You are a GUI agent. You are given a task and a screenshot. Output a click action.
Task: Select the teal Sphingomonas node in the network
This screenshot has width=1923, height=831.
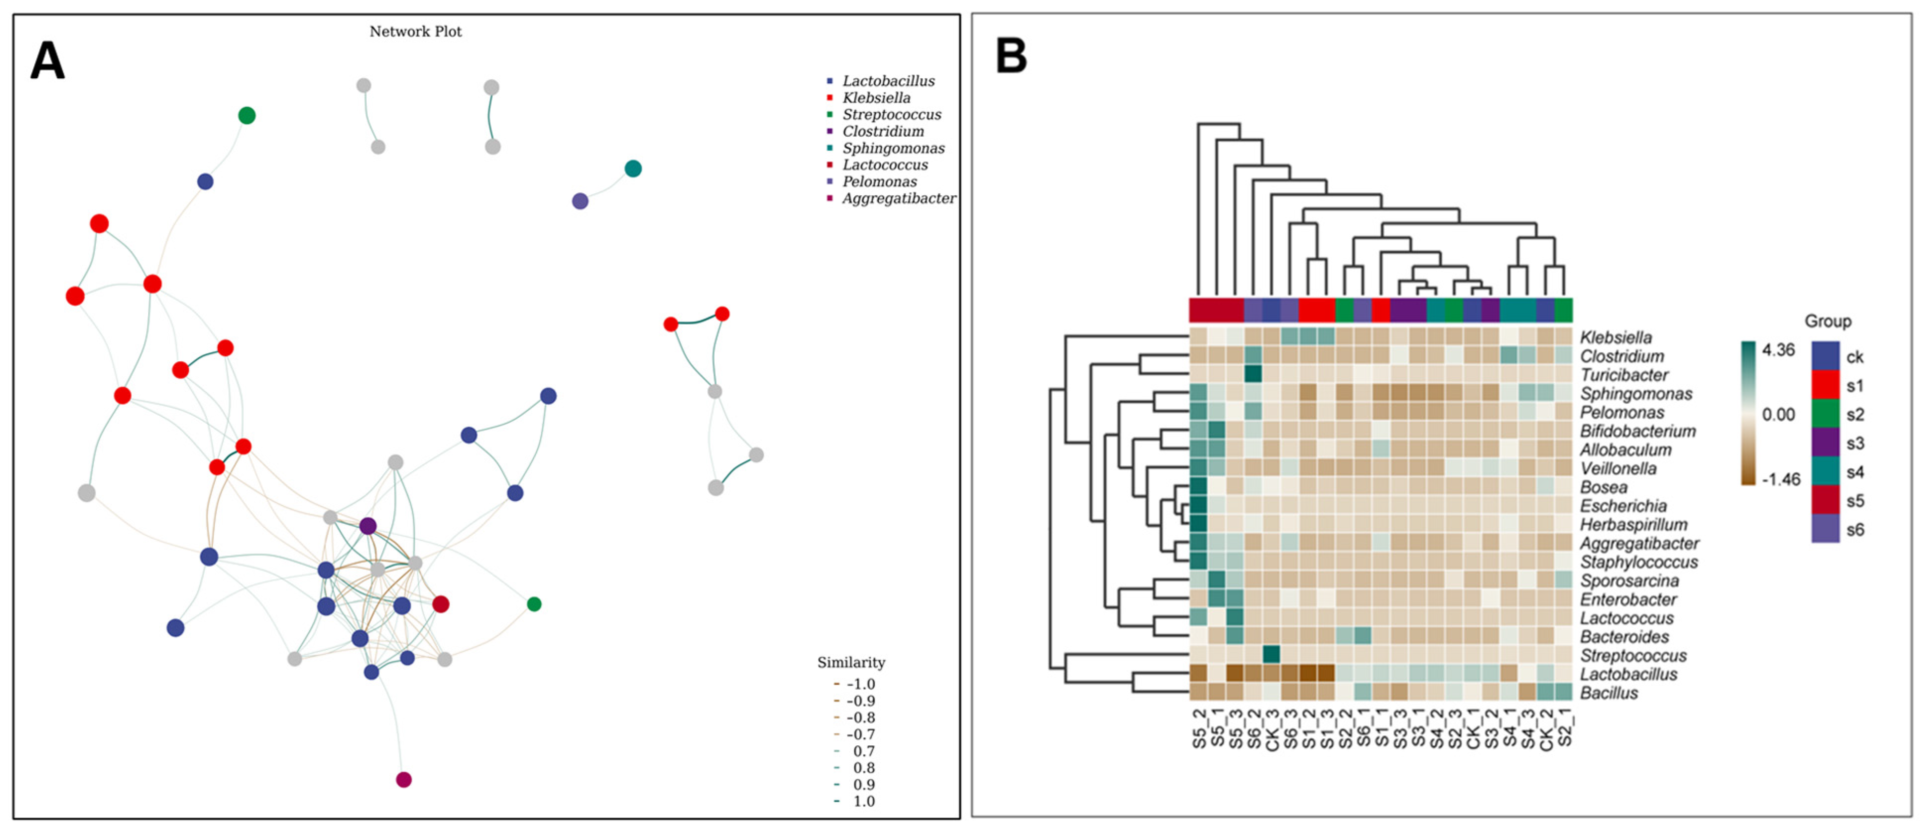click(632, 169)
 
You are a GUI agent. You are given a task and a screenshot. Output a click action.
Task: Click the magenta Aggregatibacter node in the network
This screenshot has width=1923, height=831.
click(403, 779)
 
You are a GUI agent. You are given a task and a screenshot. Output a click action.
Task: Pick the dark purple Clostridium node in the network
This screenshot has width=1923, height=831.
click(367, 526)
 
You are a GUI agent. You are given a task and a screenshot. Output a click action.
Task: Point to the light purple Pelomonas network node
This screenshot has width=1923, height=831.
click(579, 201)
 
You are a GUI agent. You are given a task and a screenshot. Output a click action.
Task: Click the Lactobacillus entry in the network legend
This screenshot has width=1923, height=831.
click(888, 81)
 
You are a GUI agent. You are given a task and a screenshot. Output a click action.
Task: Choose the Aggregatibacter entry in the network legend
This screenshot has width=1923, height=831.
click(898, 198)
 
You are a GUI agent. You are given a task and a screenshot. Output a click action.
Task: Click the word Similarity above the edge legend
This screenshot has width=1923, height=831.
click(850, 662)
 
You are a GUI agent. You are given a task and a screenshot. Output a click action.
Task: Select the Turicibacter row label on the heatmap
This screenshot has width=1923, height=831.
click(1624, 375)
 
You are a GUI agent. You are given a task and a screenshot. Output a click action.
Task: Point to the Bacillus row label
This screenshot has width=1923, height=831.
click(1609, 693)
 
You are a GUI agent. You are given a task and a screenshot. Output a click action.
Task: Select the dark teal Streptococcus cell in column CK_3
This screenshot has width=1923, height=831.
click(1271, 654)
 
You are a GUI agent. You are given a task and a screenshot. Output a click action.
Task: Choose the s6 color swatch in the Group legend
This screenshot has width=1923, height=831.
click(1825, 529)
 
